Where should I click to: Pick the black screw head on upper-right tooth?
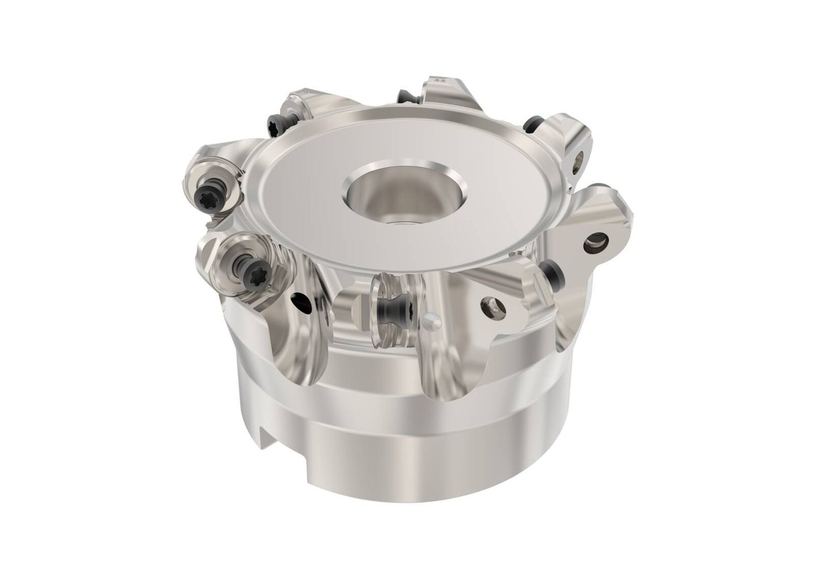[x=531, y=123]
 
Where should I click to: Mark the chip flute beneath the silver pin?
[x=452, y=373]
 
